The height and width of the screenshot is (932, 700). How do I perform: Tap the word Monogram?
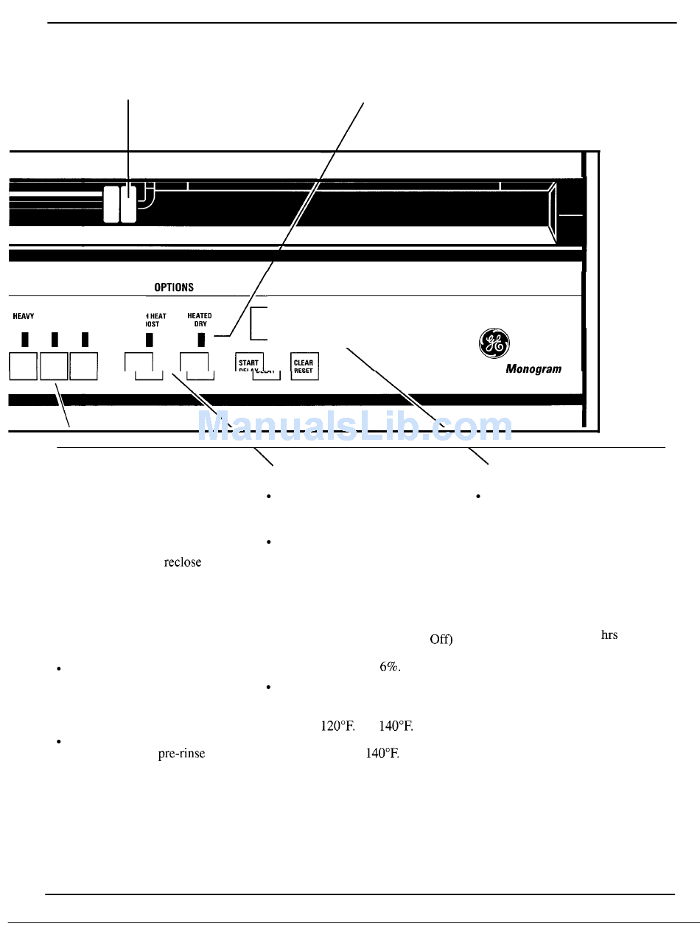pos(533,369)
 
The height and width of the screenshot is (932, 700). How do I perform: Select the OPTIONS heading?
pos(174,287)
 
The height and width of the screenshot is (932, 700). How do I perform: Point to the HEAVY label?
pos(24,316)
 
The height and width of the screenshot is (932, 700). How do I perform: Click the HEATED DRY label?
pos(200,320)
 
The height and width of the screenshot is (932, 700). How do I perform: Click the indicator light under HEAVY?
pos(25,340)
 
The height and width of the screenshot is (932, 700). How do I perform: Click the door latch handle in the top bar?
pos(120,203)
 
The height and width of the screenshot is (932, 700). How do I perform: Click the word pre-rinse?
pos(181,754)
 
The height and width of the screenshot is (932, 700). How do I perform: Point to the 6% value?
pos(390,667)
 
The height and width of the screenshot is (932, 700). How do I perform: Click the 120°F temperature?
pos(337,726)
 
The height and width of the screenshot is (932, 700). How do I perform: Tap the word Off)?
pos(441,640)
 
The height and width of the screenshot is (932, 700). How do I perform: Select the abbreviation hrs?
pos(609,635)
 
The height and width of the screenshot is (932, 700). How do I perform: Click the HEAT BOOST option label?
pos(154,320)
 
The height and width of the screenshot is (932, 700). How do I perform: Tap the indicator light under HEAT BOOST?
pos(149,340)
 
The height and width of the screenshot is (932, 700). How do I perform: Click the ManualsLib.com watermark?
pos(356,426)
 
